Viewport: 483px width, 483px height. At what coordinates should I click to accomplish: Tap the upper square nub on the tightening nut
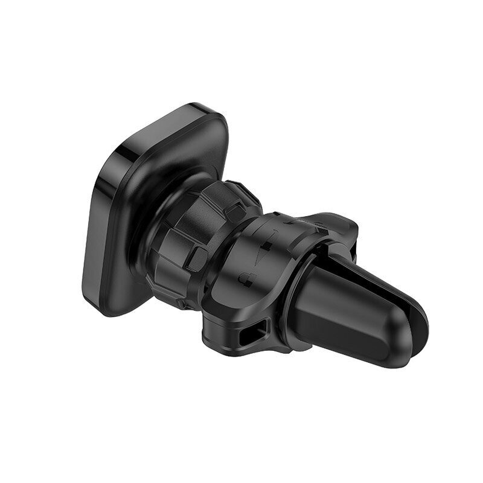pyautogui.click(x=236, y=212)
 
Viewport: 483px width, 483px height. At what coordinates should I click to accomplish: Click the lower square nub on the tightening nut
pyautogui.click(x=196, y=258)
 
